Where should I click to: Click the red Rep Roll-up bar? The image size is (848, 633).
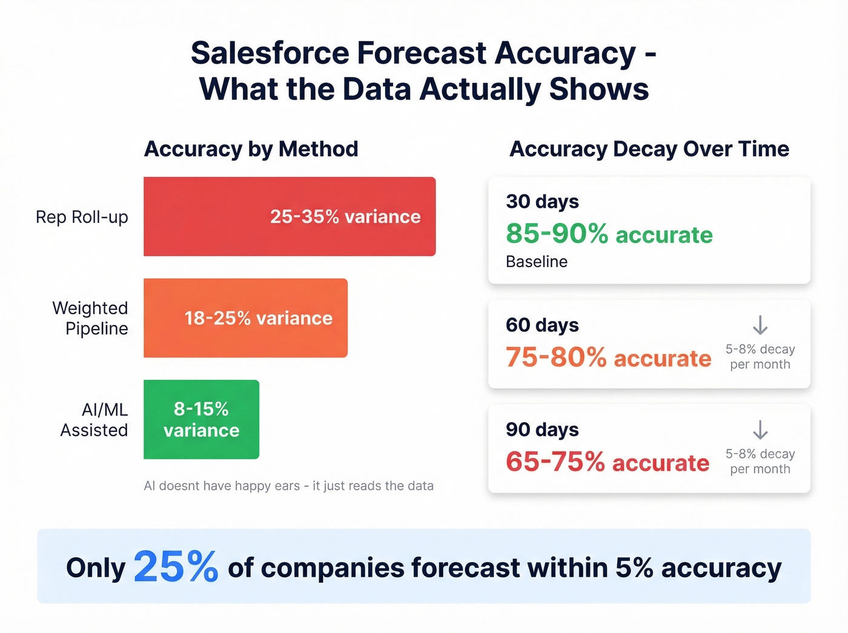[x=290, y=216]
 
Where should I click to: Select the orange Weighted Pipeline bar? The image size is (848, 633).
[x=245, y=318]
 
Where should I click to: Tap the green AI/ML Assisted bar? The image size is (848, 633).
[x=201, y=419]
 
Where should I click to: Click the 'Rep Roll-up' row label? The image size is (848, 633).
[x=82, y=217]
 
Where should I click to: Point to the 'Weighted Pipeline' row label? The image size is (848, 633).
[x=90, y=318]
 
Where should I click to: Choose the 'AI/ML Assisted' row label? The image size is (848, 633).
[x=94, y=420]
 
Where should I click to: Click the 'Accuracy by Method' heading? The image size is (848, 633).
[x=251, y=149]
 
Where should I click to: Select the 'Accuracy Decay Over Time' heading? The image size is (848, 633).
[x=649, y=149]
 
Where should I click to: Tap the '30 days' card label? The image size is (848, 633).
[x=542, y=201]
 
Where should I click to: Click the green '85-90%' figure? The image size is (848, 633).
[x=557, y=234]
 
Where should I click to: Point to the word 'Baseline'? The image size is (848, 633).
[x=537, y=262]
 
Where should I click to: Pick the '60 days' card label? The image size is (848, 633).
[x=542, y=325]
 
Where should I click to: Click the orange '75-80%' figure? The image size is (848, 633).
[x=556, y=357]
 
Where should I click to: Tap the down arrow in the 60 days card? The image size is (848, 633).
[x=760, y=325]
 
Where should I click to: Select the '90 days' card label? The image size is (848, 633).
[x=542, y=429]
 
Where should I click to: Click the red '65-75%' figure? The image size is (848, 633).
[x=555, y=462]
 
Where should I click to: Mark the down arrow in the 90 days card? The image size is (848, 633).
[x=760, y=430]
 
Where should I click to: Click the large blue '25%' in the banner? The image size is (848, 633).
[x=176, y=567]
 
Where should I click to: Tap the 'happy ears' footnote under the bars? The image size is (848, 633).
[x=288, y=486]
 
